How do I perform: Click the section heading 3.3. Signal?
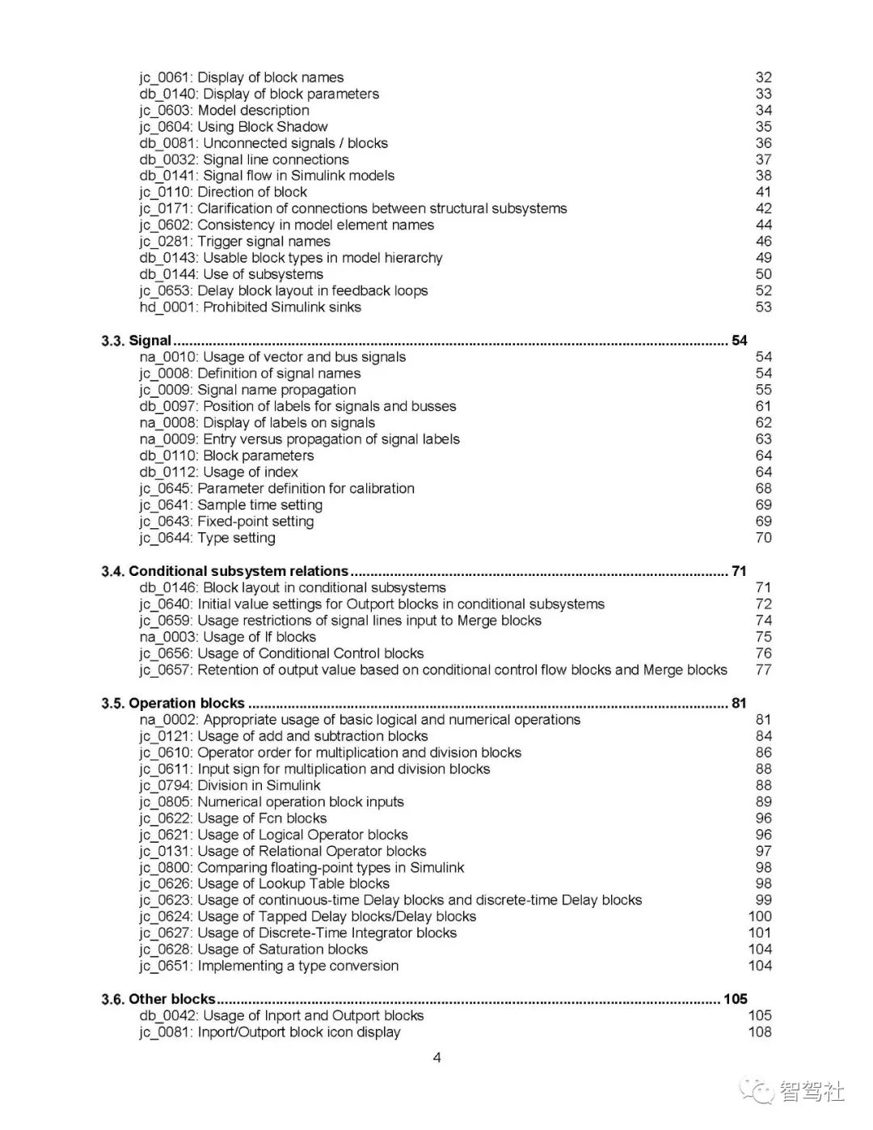(137, 341)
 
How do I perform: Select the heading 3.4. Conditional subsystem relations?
(225, 571)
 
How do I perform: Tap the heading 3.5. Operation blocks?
(173, 703)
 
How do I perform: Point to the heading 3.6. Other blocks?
(158, 999)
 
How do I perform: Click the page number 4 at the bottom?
(437, 1057)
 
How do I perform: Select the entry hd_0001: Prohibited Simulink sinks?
(250, 307)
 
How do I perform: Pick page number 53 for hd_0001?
(763, 307)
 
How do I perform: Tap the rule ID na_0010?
(167, 357)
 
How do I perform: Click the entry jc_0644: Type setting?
(207, 538)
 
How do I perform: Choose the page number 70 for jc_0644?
(763, 538)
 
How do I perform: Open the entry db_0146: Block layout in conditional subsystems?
(292, 587)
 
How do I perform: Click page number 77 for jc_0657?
(763, 670)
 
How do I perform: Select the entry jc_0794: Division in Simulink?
(230, 785)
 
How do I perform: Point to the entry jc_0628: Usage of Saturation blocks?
(253, 950)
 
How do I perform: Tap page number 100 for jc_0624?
(760, 916)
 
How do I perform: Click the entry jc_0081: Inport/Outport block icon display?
(269, 1032)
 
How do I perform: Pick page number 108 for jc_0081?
(760, 1032)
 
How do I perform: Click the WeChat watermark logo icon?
(760, 1091)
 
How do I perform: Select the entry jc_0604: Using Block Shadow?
(234, 127)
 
